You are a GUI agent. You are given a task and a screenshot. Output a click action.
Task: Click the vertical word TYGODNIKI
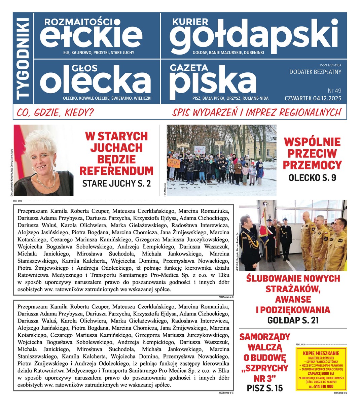(24, 59)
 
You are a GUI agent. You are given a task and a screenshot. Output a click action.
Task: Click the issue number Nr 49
(334, 91)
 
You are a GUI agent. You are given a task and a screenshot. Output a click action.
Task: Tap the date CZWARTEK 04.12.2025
(313, 98)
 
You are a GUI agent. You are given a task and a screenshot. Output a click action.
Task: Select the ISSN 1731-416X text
(331, 65)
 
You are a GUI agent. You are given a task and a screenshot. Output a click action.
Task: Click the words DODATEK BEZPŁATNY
(315, 72)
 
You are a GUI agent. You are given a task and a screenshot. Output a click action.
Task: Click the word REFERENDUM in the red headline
(116, 171)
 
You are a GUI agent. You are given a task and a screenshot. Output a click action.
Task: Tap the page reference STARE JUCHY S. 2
(116, 183)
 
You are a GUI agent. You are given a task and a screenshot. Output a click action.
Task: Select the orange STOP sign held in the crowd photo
(174, 163)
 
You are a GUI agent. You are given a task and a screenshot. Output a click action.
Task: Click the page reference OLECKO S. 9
(312, 178)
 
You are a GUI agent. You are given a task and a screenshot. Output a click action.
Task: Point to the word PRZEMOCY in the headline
(312, 165)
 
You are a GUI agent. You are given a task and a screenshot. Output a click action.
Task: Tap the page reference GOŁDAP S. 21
(293, 320)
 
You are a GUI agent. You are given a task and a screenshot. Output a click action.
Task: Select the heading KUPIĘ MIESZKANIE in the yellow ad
(321, 353)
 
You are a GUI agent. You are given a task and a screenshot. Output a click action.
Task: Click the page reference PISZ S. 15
(265, 388)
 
